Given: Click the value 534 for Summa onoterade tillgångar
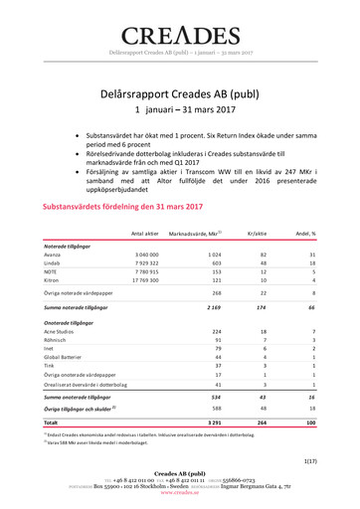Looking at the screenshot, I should [x=209, y=398].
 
